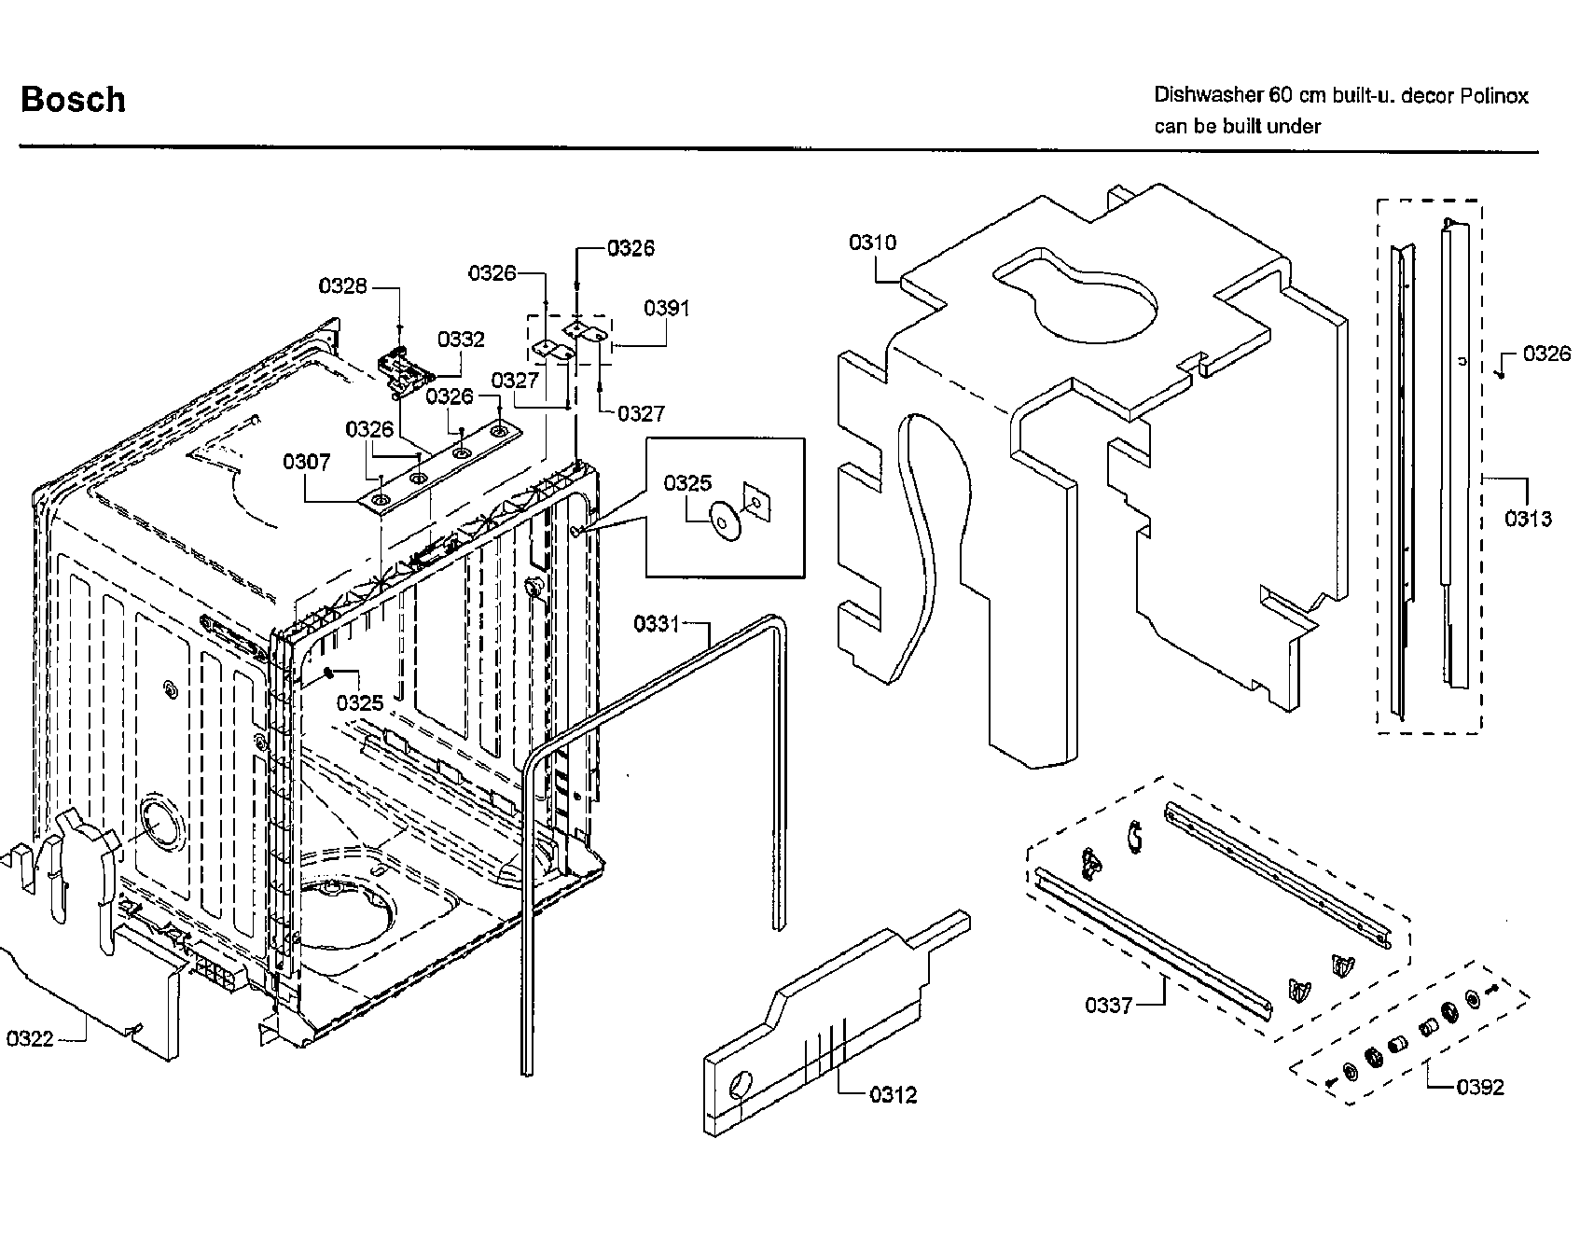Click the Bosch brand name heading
(x=73, y=100)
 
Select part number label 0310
(x=872, y=243)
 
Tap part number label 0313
(x=1528, y=519)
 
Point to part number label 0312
(x=893, y=1094)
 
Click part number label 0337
(x=1108, y=1005)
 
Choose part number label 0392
(x=1480, y=1087)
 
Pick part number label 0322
(x=30, y=1038)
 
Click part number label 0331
(x=657, y=624)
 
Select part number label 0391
(x=667, y=309)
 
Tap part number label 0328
(x=343, y=286)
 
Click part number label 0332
(x=461, y=340)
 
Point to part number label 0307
(x=307, y=462)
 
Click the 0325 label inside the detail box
(x=687, y=483)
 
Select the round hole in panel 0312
(x=739, y=1085)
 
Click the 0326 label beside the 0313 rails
(x=1546, y=354)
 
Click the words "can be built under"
(x=1237, y=127)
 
